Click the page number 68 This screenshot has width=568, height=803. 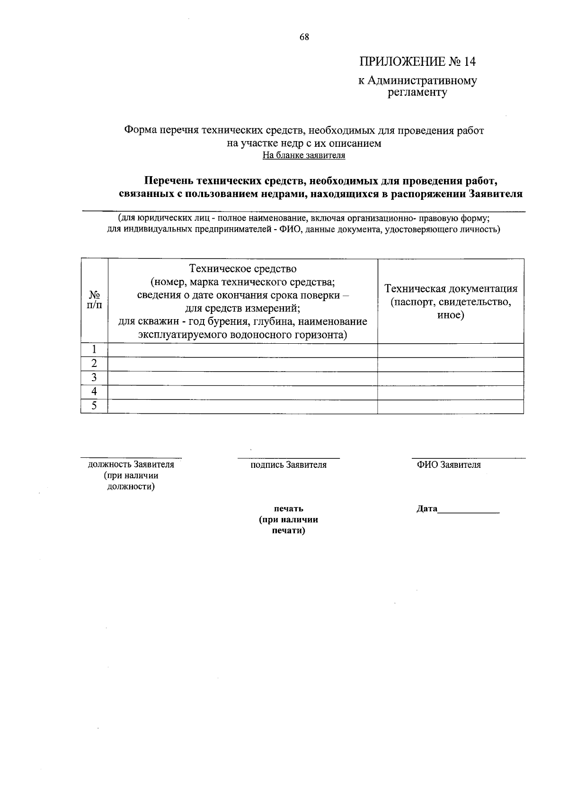tap(304, 37)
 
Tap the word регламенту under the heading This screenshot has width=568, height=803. tap(417, 93)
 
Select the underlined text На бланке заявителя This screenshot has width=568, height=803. tap(304, 155)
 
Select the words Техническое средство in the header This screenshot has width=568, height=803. tap(243, 269)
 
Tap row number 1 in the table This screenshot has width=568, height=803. tap(94, 350)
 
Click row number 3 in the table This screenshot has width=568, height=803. tap(94, 378)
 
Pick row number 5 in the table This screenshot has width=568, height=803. tap(94, 406)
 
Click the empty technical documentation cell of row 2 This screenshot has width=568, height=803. tap(451, 364)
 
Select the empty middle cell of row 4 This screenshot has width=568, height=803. tap(243, 392)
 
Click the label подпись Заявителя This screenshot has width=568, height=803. tap(288, 465)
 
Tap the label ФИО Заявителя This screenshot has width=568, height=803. tap(448, 465)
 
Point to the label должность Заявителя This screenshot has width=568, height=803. tap(131, 464)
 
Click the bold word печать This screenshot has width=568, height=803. tap(288, 509)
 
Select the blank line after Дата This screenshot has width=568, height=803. tap(469, 511)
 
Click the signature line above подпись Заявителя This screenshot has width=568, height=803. tap(288, 458)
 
